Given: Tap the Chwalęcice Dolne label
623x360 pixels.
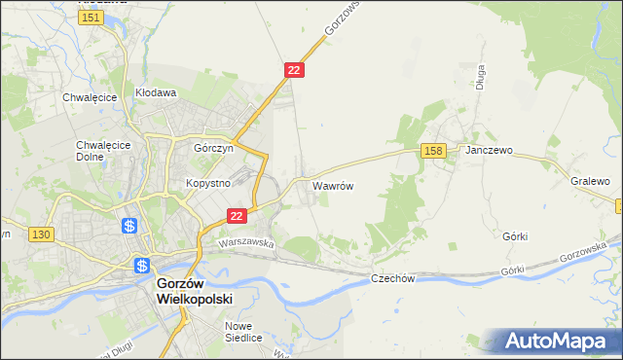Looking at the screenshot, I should (96, 153).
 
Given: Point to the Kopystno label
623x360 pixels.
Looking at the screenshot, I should (207, 182).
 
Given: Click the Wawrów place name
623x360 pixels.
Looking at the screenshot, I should (332, 184).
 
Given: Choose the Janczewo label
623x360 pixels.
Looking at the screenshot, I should (489, 151).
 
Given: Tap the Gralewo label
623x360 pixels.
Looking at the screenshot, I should (590, 181).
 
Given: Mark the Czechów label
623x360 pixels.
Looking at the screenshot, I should (393, 278).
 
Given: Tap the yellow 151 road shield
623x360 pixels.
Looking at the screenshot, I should (92, 18).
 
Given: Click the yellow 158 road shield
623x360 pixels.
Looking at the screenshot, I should (434, 150).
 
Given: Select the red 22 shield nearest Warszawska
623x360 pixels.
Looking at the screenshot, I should (236, 216).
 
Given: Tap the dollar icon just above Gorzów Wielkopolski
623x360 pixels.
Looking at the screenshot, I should (142, 265).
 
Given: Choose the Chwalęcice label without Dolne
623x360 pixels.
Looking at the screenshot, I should (90, 97).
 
